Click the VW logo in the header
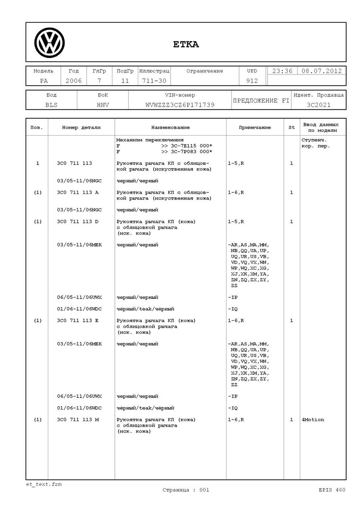(x=50, y=43)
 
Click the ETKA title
(x=186, y=44)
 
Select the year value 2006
(x=73, y=81)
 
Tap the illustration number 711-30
(x=154, y=81)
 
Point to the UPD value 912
(x=252, y=81)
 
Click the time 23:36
(x=282, y=71)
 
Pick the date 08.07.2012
(x=321, y=71)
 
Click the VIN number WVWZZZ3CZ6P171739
(x=180, y=105)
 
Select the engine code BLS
(x=51, y=105)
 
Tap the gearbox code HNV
(x=103, y=105)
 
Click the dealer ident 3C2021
(x=319, y=105)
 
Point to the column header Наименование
(x=170, y=127)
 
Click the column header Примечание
(x=255, y=127)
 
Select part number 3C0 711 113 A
(x=78, y=192)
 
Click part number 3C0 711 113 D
(x=78, y=222)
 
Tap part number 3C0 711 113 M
(x=78, y=420)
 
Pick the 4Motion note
(x=313, y=420)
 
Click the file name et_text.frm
(x=44, y=484)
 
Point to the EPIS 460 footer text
(x=332, y=490)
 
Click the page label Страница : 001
(x=186, y=490)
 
